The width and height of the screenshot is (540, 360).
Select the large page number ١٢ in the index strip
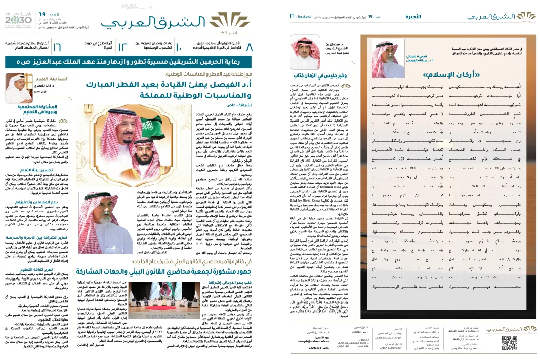[x=122, y=48]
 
